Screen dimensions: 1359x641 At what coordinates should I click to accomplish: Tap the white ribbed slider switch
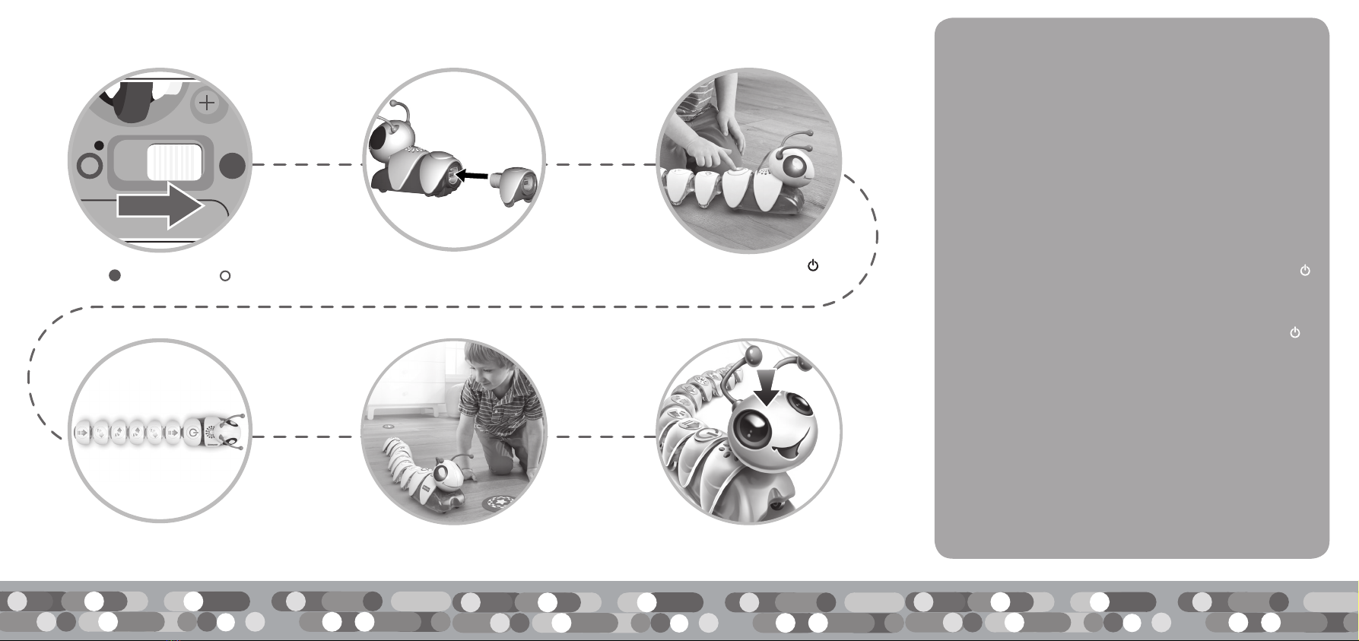pyautogui.click(x=174, y=163)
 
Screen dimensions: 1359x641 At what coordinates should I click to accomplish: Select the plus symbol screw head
pyautogui.click(x=207, y=103)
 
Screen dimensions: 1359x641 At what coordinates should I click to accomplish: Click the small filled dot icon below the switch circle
pyautogui.click(x=115, y=276)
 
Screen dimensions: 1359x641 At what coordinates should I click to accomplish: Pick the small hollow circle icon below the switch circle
pyautogui.click(x=225, y=276)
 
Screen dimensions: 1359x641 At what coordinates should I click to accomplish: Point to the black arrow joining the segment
pyautogui.click(x=472, y=175)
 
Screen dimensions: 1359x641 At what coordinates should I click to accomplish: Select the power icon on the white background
pyautogui.click(x=813, y=265)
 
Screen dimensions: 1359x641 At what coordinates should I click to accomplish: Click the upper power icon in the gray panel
pyautogui.click(x=1305, y=270)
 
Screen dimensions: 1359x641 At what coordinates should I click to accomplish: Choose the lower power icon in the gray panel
pyautogui.click(x=1295, y=332)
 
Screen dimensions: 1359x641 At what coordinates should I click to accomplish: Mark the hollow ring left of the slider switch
pyautogui.click(x=90, y=165)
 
